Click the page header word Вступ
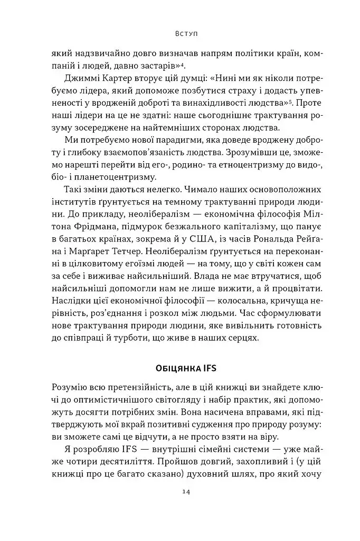(x=185, y=34)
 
